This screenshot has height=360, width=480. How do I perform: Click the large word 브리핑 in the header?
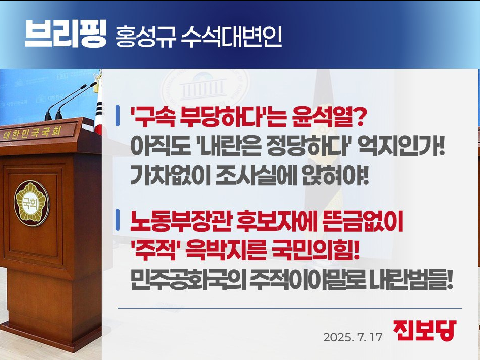[x=65, y=34]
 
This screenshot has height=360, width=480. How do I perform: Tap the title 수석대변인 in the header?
[x=231, y=37]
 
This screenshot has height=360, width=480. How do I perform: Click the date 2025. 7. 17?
[x=353, y=337]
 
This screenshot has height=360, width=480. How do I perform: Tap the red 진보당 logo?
[x=425, y=331]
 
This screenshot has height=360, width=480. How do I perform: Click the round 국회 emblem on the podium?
[x=31, y=203]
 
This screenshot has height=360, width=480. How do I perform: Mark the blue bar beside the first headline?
[x=118, y=116]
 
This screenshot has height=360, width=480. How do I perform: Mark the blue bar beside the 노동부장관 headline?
[x=118, y=219]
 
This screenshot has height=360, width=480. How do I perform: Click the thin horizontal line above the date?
[x=290, y=308]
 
